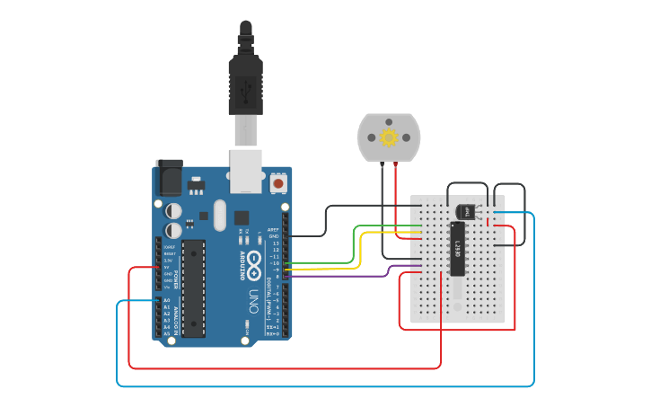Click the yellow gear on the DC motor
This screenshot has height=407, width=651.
coord(389,137)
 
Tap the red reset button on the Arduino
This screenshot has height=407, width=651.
coord(278,183)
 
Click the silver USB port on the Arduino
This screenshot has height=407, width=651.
coord(247,171)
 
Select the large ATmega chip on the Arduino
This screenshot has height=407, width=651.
coord(193,288)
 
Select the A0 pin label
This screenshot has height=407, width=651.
coord(166,300)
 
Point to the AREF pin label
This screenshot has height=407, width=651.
coord(274,229)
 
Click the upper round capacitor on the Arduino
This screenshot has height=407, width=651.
coord(174,210)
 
